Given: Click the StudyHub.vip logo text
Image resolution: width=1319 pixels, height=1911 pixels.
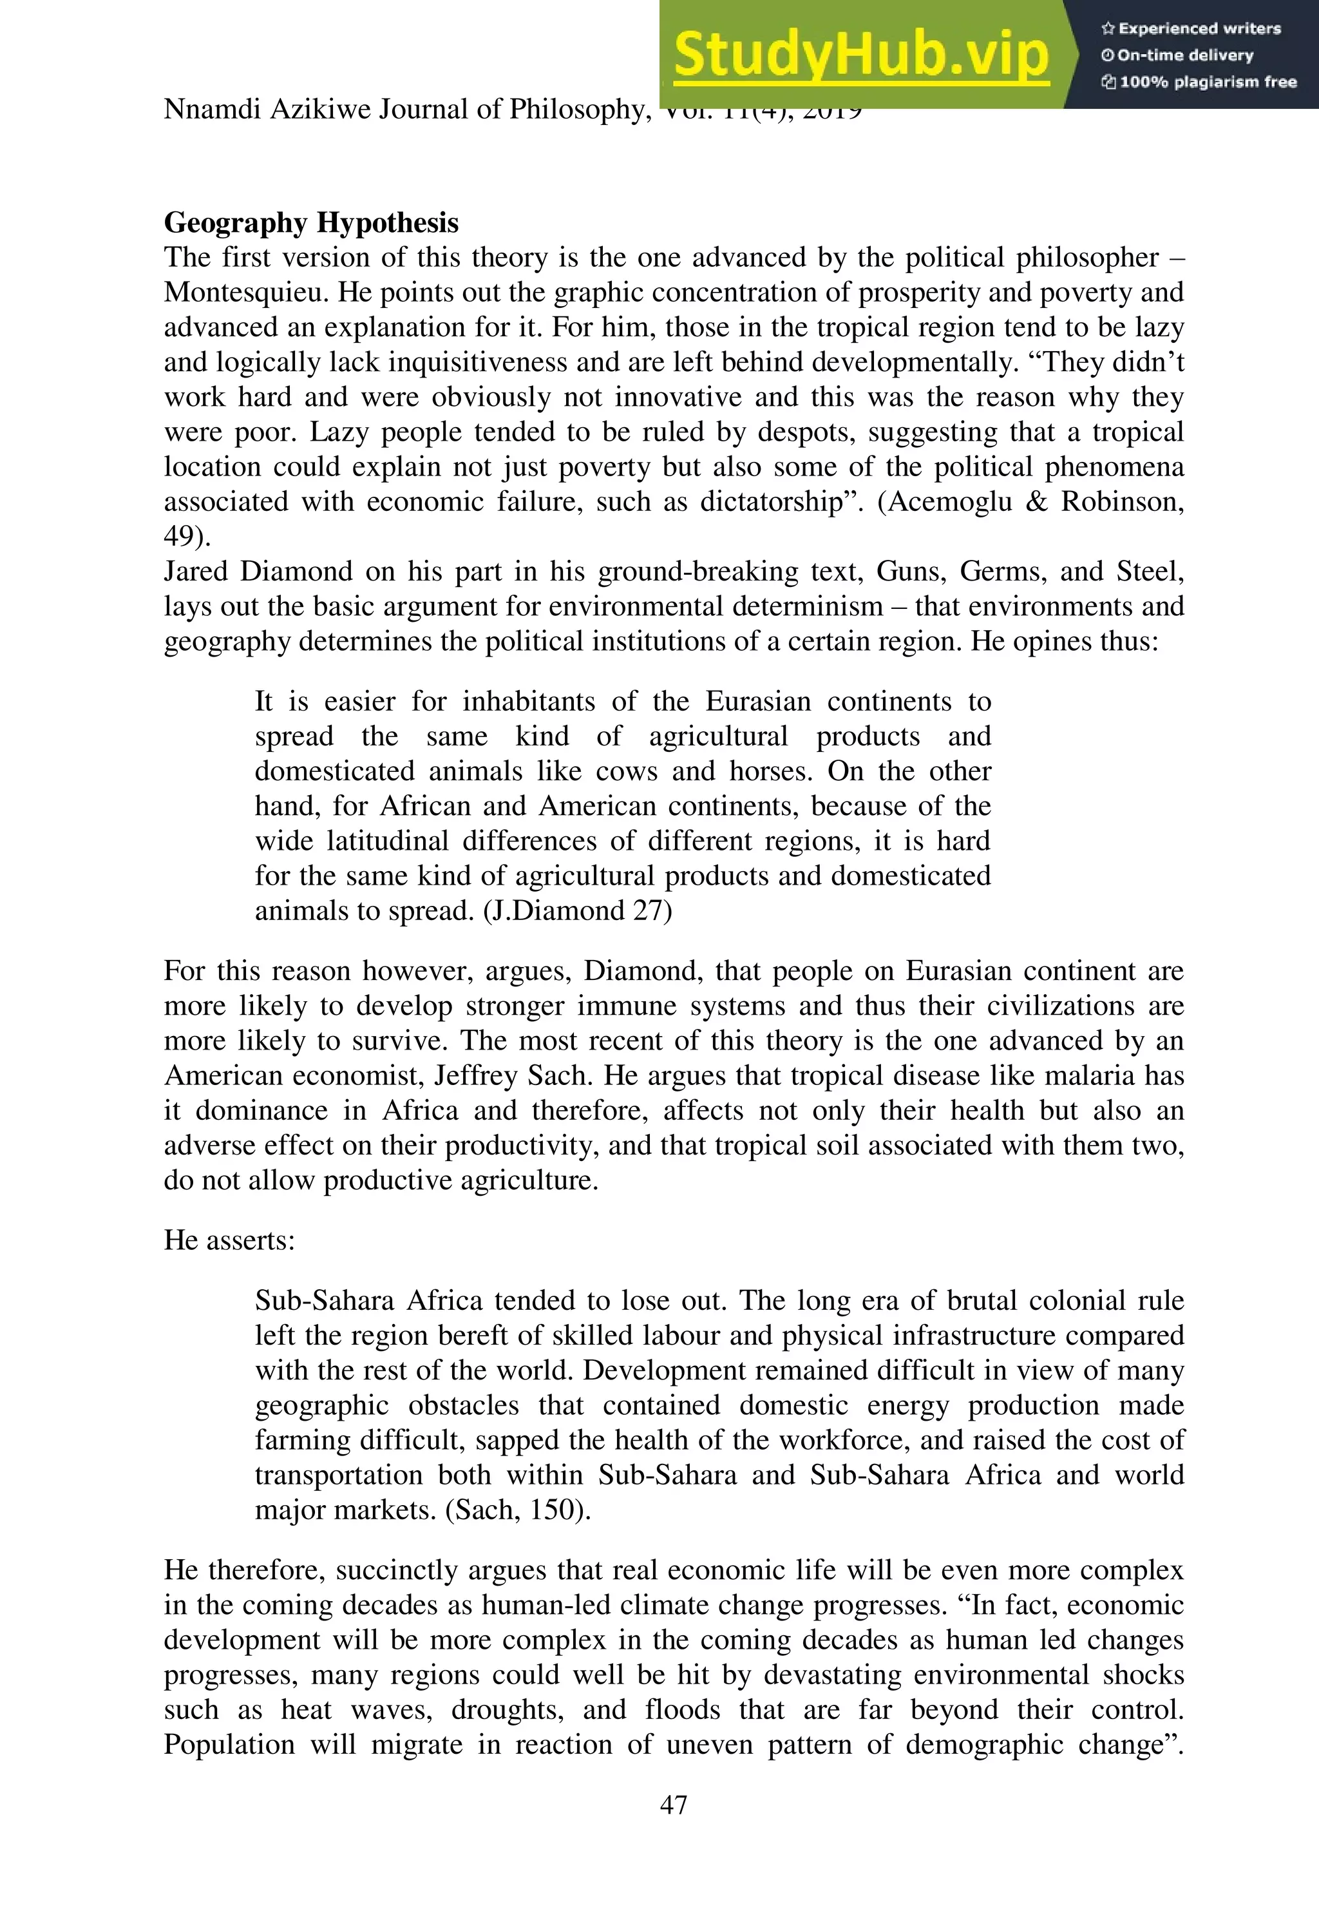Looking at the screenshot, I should [x=860, y=55].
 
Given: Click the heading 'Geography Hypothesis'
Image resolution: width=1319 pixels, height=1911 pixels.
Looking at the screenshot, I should [x=310, y=222].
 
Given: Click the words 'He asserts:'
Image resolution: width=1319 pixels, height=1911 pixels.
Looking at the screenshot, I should [x=229, y=1240].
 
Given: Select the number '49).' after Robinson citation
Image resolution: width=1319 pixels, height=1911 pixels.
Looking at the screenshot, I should [x=187, y=537].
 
